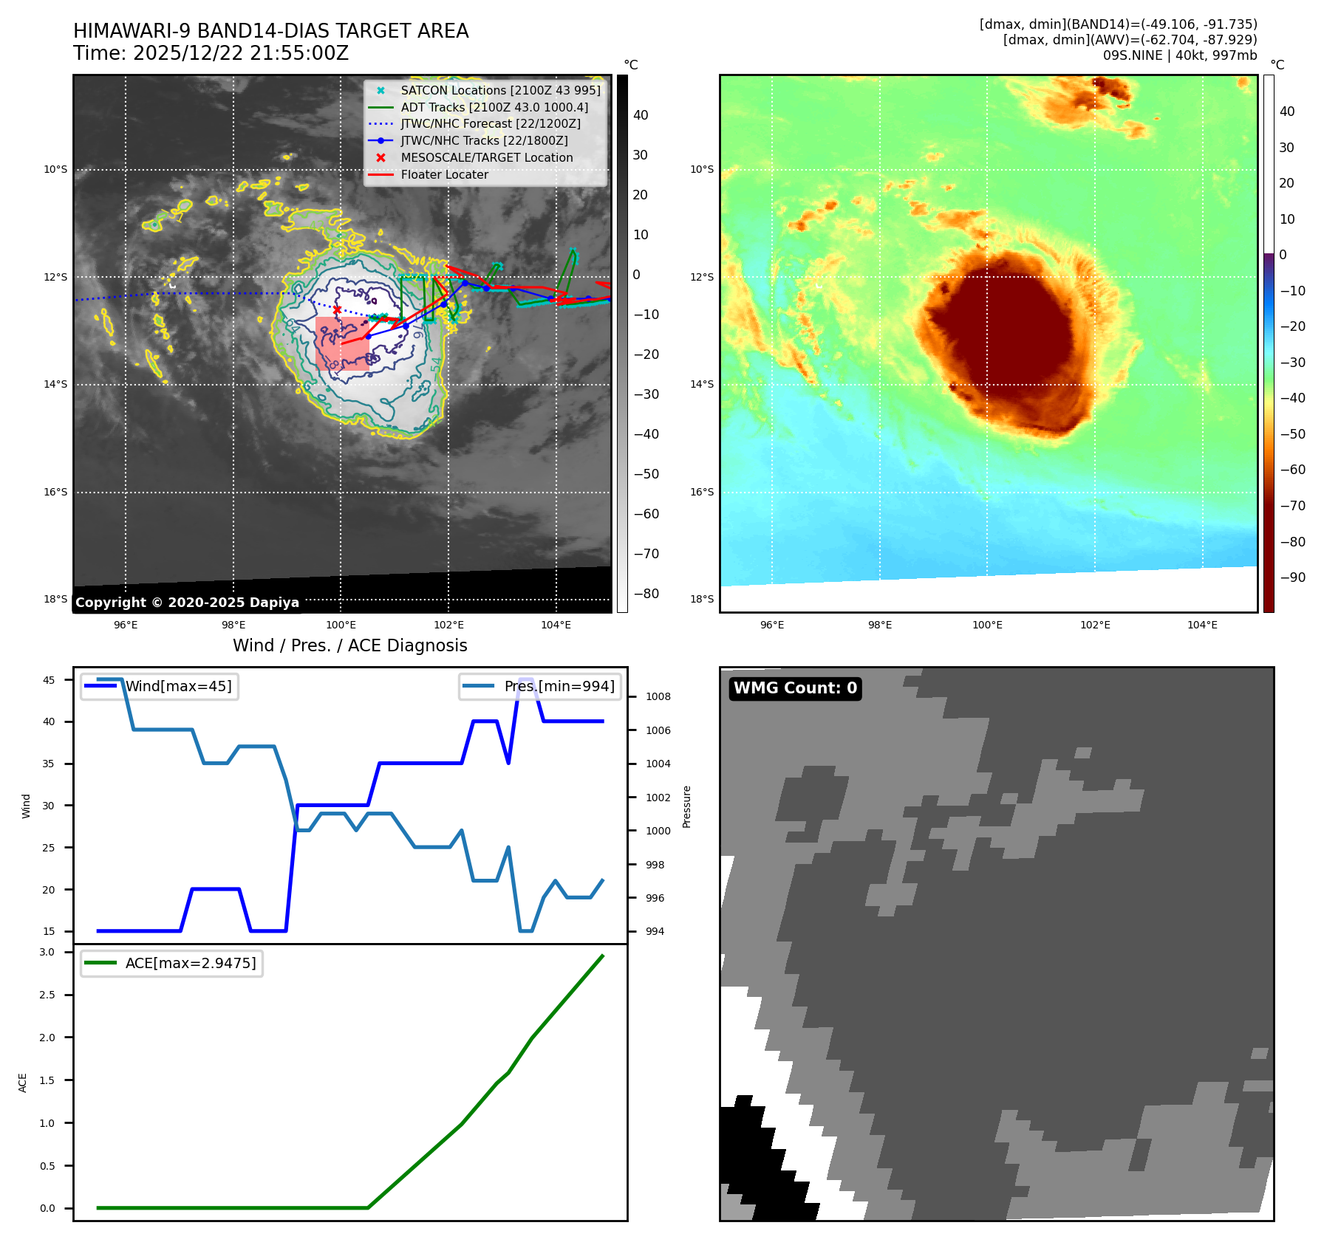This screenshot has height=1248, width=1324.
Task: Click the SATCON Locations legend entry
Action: (x=500, y=90)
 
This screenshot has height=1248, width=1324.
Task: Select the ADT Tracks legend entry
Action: (x=494, y=107)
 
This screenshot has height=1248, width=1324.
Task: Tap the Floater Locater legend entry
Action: (x=444, y=174)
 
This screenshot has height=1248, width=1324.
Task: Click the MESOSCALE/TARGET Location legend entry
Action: (x=486, y=157)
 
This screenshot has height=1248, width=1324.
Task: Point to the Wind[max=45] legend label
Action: (x=178, y=686)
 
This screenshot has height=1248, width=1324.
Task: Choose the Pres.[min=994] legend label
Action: (x=559, y=686)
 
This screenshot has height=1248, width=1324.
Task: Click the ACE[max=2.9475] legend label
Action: (x=191, y=963)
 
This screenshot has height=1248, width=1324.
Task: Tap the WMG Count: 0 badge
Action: (x=795, y=688)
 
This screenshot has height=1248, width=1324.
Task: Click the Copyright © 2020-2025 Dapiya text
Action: (x=187, y=603)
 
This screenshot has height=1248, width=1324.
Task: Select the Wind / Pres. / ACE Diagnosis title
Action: (x=349, y=645)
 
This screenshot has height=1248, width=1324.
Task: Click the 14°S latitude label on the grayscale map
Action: (x=55, y=384)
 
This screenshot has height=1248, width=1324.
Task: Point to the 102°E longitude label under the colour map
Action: (x=1095, y=625)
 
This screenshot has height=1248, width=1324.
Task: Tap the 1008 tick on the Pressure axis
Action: (x=658, y=696)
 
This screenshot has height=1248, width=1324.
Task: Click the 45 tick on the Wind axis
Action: (x=49, y=680)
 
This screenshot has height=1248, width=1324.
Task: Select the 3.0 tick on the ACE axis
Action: (x=47, y=952)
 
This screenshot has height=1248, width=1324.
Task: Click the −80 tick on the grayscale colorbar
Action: (x=646, y=594)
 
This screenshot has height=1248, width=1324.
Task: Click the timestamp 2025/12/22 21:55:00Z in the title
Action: (x=240, y=53)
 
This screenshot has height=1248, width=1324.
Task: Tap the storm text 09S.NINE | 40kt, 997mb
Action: (x=1179, y=55)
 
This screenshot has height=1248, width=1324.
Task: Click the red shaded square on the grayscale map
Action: (x=342, y=343)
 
